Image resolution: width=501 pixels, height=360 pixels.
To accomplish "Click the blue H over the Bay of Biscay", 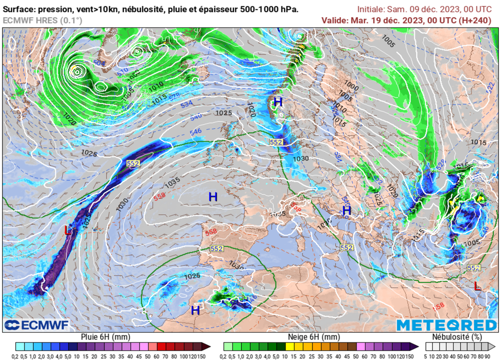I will click(213, 197).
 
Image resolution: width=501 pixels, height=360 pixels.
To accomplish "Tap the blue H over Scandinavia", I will click(278, 102).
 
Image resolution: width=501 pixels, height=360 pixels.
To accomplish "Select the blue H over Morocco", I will click(195, 310).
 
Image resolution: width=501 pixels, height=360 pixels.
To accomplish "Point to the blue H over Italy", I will click(346, 211).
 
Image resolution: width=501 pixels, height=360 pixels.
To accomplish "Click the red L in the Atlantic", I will click(68, 230).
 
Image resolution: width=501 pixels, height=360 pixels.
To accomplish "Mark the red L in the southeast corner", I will click(478, 286).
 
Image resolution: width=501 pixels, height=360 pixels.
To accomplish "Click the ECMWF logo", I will click(37, 325).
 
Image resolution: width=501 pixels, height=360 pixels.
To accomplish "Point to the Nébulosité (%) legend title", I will click(457, 337).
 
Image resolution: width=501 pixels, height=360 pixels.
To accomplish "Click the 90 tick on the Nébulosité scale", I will click(493, 356).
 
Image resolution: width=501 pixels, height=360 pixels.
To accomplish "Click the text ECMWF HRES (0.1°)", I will click(43, 20).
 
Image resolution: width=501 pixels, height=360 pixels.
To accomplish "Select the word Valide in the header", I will click(335, 20).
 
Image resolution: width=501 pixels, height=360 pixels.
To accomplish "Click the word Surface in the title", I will click(19, 9).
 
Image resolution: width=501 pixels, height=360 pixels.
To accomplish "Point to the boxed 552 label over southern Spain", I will click(217, 248).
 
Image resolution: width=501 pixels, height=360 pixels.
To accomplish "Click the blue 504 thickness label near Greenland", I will click(99, 64).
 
